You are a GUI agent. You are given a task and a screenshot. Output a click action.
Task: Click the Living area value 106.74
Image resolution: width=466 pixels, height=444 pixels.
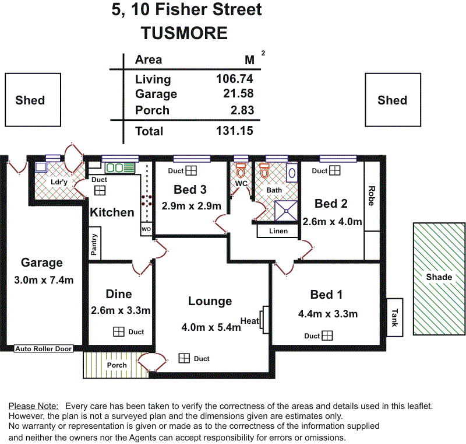(x=235, y=79)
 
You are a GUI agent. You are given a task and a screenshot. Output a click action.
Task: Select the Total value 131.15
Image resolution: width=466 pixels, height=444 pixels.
(x=235, y=131)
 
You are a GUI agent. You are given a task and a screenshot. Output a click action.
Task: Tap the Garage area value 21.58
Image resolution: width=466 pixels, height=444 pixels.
(x=238, y=93)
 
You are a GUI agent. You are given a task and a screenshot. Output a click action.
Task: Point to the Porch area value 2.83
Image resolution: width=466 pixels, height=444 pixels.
(x=242, y=110)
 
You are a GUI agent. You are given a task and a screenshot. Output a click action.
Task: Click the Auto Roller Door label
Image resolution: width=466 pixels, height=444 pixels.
(x=43, y=349)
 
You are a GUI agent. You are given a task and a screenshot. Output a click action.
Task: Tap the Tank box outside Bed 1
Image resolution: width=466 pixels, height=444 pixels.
(x=395, y=317)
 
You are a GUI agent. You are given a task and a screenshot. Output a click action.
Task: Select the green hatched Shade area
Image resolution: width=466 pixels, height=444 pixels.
(x=439, y=279)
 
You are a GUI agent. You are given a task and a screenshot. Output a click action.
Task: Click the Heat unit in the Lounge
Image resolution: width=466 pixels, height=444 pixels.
(x=264, y=320)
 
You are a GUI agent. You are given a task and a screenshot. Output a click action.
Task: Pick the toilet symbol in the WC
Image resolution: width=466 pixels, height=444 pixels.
(x=241, y=170)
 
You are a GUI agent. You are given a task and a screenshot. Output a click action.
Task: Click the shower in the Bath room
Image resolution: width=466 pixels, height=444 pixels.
(x=286, y=211)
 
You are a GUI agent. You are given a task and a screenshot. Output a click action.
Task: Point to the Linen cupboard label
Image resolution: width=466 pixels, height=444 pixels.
(x=278, y=231)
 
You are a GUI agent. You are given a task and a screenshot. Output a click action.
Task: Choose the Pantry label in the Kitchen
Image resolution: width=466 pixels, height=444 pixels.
(x=94, y=244)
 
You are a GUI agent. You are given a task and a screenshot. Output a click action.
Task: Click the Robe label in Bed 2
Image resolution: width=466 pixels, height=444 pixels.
(x=372, y=196)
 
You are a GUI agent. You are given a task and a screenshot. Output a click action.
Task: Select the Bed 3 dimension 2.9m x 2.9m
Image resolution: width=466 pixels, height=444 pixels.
(x=192, y=206)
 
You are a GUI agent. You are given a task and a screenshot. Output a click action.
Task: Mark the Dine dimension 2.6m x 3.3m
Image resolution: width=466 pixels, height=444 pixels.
(x=121, y=310)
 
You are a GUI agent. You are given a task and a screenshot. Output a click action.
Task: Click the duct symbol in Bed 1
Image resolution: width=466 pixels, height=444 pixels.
(x=327, y=335)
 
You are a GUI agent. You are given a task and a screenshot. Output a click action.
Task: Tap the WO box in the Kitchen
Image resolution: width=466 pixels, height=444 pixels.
(x=146, y=229)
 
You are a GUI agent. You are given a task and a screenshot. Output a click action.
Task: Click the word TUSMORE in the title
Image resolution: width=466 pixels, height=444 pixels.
(x=184, y=33)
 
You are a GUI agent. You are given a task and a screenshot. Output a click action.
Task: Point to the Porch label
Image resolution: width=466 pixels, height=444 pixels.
(x=117, y=365)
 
